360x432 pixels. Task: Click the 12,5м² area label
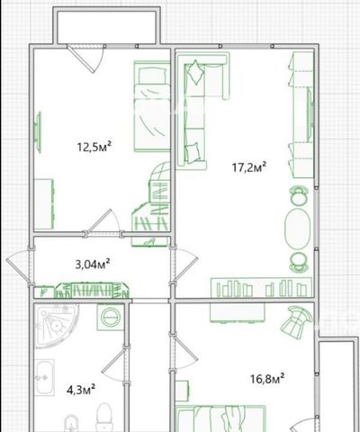click(94, 147)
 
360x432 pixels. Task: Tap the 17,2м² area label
click(249, 166)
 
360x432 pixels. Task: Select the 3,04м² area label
click(92, 264)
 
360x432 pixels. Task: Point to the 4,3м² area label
click(81, 390)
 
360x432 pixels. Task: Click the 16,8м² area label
click(267, 378)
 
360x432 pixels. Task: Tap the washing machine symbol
click(111, 318)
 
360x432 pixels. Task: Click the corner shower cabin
click(56, 326)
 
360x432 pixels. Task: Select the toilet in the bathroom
click(103, 418)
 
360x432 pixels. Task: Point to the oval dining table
click(297, 229)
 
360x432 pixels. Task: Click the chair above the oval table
click(299, 195)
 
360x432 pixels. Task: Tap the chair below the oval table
click(299, 263)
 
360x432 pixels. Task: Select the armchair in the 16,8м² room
click(296, 321)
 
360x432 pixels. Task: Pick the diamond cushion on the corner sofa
click(195, 72)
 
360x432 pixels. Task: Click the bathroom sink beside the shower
click(45, 378)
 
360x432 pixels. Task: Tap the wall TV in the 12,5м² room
click(38, 132)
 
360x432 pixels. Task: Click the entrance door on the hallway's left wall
click(19, 266)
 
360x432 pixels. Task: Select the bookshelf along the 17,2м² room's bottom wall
click(262, 287)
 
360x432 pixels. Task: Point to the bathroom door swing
click(114, 365)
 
